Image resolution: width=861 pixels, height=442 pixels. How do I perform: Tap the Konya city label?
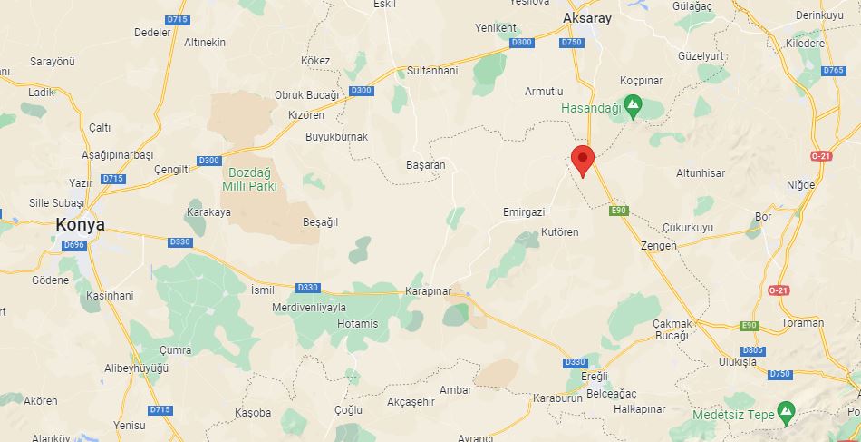click(x=80, y=224)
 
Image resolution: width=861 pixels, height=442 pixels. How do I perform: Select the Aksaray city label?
click(x=587, y=18)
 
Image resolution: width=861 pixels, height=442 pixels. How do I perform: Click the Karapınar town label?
click(x=426, y=290)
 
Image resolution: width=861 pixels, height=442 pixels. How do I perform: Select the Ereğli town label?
click(x=594, y=376)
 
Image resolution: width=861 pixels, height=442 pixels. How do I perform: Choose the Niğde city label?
click(x=800, y=184)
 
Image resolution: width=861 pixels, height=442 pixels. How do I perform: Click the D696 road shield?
click(x=74, y=245)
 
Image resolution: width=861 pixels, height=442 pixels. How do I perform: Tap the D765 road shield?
click(x=833, y=71)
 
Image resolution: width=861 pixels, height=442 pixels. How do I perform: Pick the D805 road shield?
click(x=752, y=350)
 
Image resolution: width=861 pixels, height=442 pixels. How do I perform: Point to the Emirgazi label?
click(x=524, y=211)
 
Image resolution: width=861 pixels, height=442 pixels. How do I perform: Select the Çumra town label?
click(x=175, y=349)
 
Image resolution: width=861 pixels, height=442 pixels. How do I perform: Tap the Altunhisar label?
click(x=701, y=172)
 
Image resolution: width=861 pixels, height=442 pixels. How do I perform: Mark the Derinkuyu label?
click(x=819, y=15)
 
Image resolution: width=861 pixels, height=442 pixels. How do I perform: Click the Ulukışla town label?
click(x=737, y=361)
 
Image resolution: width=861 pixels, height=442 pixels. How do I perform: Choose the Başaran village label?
click(x=426, y=165)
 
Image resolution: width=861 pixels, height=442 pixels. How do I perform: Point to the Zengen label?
click(x=659, y=245)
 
